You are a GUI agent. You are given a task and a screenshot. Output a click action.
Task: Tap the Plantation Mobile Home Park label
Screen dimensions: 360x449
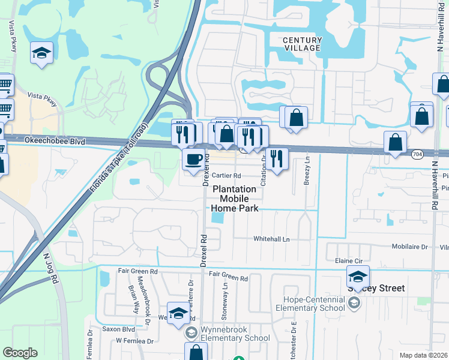click(x=235, y=199)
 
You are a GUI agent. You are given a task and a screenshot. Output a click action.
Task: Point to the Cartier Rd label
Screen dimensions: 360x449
click(x=226, y=176)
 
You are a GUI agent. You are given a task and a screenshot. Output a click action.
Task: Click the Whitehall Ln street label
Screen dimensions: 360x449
click(x=271, y=239)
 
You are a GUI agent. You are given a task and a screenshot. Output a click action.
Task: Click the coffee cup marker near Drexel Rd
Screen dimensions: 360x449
click(x=193, y=160)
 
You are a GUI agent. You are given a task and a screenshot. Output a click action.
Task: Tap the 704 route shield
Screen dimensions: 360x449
click(x=417, y=154)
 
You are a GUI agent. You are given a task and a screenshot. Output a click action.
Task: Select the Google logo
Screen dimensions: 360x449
click(x=20, y=353)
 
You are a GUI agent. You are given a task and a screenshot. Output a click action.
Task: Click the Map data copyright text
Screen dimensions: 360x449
click(x=424, y=355)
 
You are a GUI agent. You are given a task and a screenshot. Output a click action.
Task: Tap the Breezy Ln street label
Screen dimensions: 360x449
click(x=306, y=171)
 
